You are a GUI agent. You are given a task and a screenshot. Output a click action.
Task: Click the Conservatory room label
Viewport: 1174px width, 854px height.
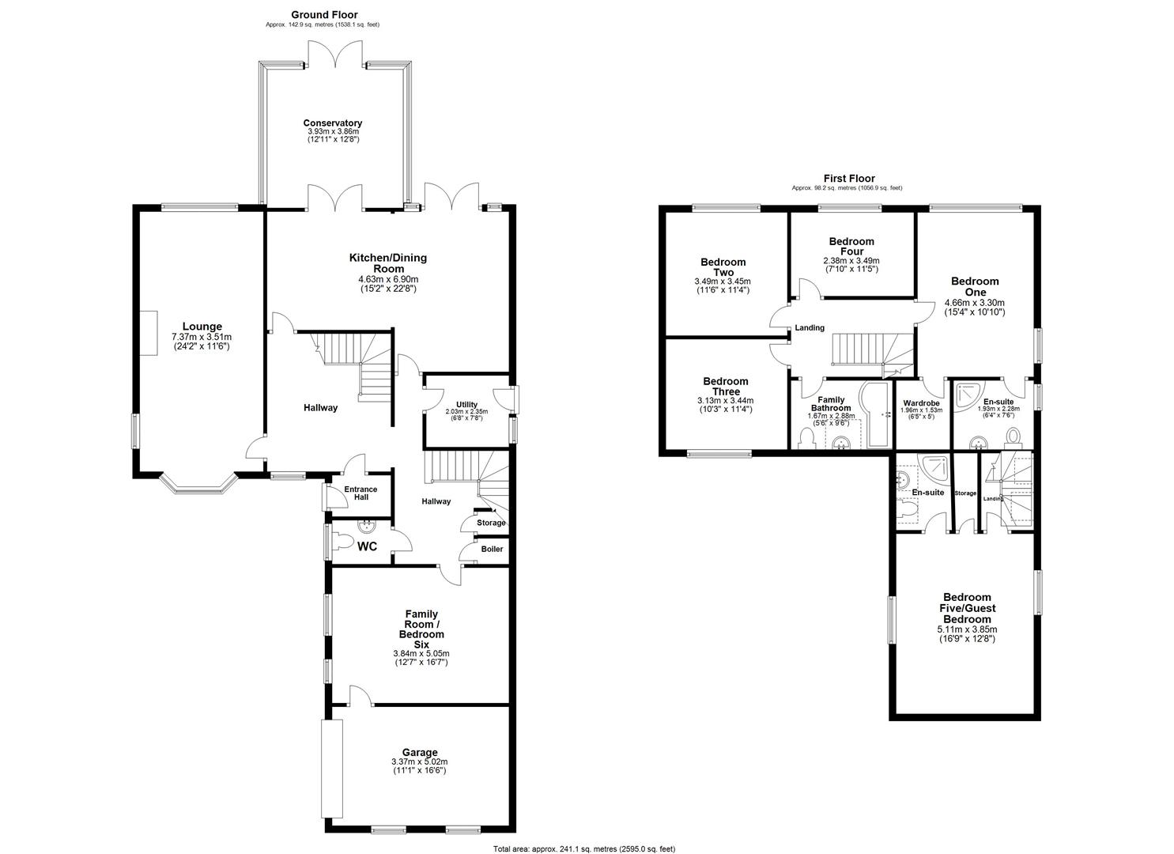[332, 123]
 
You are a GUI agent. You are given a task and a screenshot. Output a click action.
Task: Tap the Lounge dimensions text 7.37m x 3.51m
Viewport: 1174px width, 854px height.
[202, 337]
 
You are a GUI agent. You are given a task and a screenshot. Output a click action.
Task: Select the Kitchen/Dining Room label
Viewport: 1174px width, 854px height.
[387, 263]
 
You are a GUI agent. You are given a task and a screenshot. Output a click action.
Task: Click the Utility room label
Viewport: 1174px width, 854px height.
[466, 404]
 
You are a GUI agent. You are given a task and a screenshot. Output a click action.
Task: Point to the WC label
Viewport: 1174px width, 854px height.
[367, 546]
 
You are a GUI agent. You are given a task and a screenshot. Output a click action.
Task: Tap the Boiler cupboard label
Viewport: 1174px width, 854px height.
[492, 549]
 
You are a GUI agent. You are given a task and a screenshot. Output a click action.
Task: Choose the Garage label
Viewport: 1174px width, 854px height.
[419, 752]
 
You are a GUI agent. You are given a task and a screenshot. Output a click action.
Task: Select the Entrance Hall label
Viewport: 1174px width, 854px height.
[360, 493]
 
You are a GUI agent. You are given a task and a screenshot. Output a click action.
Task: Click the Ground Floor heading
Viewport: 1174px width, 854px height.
[324, 14]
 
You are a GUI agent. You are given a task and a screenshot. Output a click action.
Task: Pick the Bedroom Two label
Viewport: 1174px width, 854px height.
[723, 266]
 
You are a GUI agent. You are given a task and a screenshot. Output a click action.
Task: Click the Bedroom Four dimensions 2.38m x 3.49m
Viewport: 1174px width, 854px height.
[851, 260]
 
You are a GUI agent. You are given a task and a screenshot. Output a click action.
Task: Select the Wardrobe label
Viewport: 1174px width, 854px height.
[921, 402]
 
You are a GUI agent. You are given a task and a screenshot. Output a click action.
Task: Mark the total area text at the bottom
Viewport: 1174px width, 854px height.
[584, 848]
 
